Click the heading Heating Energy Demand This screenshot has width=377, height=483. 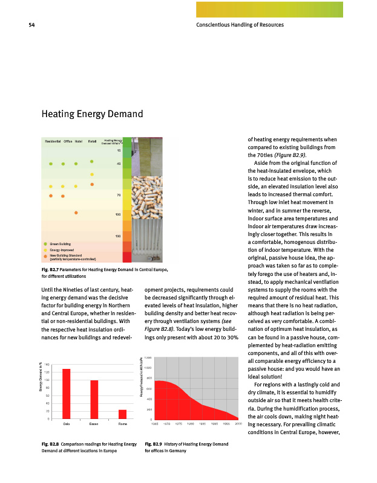pos(91,114)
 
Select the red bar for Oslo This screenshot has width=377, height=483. pos(66,393)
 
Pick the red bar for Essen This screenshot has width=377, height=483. pos(94,399)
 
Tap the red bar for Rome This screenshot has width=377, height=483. pos(122,414)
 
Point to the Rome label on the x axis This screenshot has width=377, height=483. pos(122,424)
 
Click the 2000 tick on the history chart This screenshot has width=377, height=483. pos(238,424)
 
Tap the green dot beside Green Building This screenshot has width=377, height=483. pos(45,243)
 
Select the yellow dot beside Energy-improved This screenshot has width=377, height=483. pos(45,249)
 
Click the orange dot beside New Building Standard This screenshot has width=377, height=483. pos(45,257)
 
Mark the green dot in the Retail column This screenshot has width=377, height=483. pos(92,161)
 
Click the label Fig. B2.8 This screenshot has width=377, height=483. pos(50,444)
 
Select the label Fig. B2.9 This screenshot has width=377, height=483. pos(154,444)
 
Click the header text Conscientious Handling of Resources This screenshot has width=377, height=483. pos(240,25)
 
